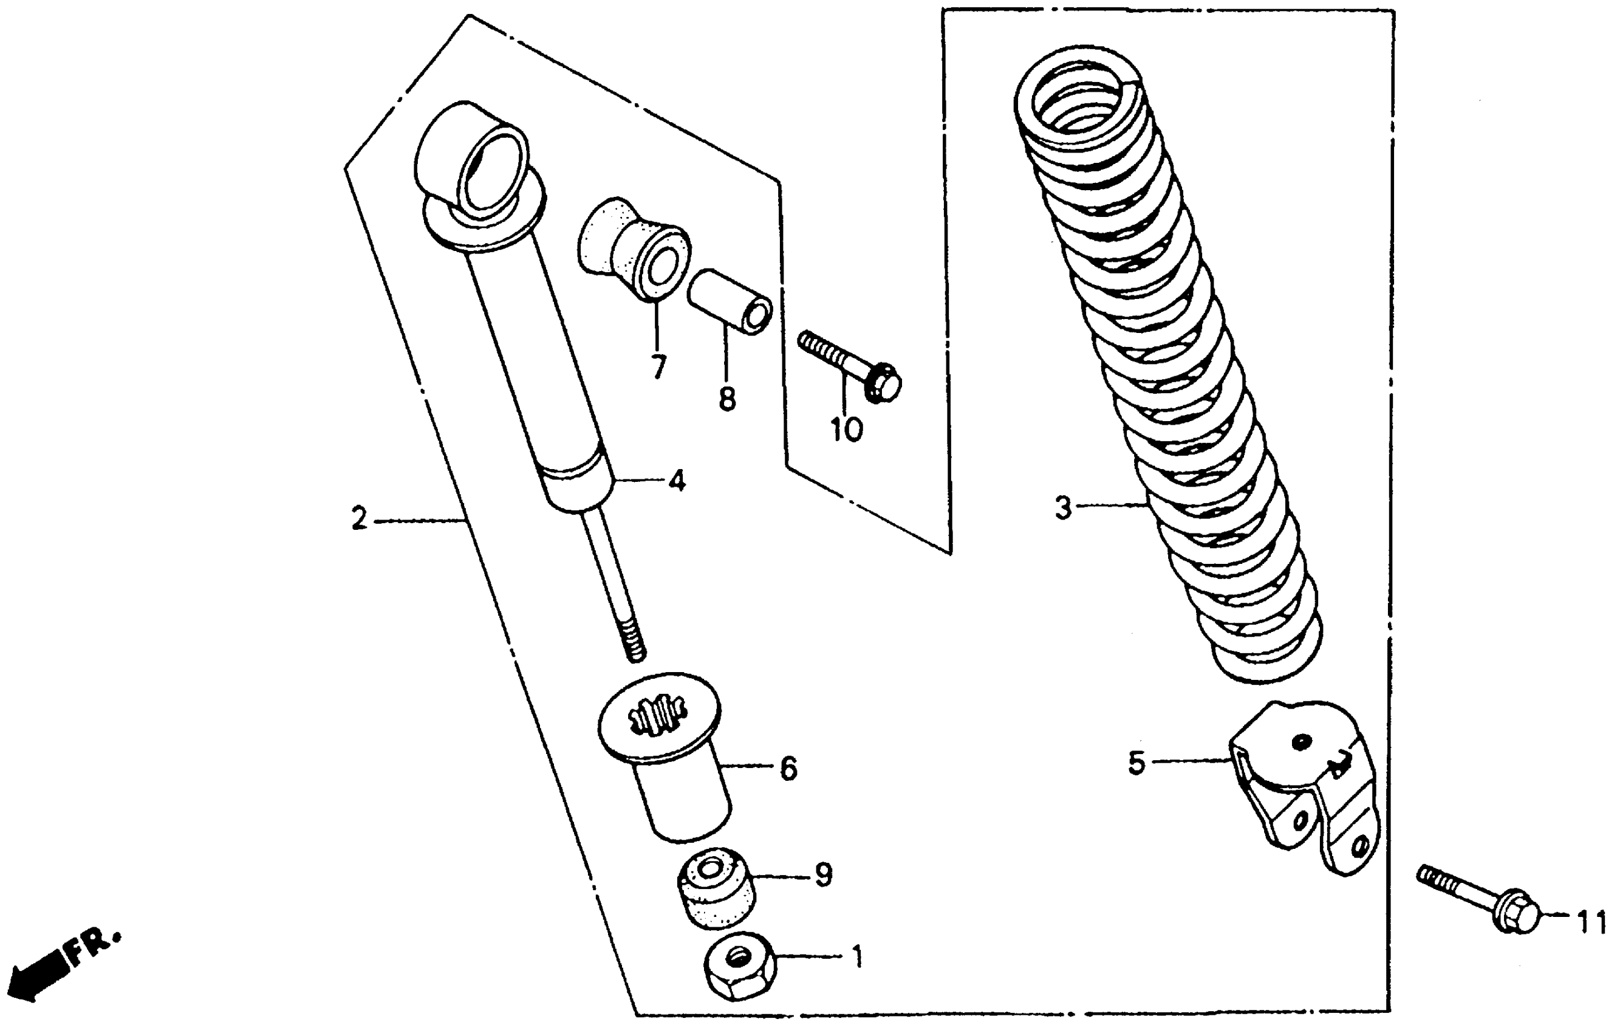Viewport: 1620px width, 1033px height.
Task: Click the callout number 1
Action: pyautogui.click(x=856, y=956)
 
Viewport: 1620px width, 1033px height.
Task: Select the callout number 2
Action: pyautogui.click(x=360, y=519)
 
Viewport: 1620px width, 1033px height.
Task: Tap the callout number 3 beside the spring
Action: pyautogui.click(x=1063, y=507)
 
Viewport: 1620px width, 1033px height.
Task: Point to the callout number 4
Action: pyautogui.click(x=677, y=481)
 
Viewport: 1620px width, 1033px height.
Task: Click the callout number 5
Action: pyautogui.click(x=1136, y=763)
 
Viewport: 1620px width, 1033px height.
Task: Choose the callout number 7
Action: pyautogui.click(x=658, y=367)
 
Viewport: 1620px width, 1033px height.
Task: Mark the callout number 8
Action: pyautogui.click(x=727, y=399)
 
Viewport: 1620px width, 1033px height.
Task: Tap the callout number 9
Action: pyautogui.click(x=824, y=874)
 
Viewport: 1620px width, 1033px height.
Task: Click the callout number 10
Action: pyautogui.click(x=846, y=430)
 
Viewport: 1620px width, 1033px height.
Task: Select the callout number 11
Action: pyautogui.click(x=1591, y=923)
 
